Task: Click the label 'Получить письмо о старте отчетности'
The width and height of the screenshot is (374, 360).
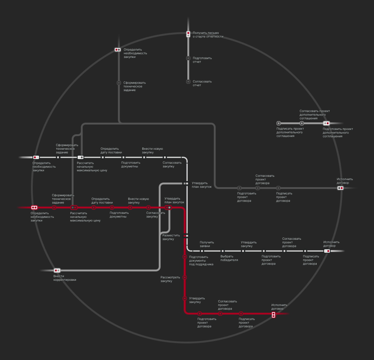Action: coord(208,35)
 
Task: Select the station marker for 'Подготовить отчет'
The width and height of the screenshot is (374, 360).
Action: coord(188,58)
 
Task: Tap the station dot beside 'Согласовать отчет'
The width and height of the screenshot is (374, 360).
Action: coord(188,82)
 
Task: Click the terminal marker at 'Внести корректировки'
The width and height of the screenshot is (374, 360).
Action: coord(57,270)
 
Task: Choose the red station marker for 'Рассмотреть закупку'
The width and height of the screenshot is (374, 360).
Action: coord(184,278)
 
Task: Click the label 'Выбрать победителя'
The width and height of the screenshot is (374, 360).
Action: coord(229,258)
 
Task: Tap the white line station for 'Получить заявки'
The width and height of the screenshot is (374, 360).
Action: coord(202,251)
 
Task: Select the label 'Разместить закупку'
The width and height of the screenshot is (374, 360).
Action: coord(171,237)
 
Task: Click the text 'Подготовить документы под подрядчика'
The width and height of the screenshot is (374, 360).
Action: coord(201,260)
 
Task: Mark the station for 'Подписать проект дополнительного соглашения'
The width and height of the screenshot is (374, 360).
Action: coord(279,123)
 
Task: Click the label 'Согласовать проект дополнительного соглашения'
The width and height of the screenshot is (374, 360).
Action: coord(315,114)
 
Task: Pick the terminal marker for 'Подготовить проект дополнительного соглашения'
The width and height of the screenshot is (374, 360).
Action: coord(326,123)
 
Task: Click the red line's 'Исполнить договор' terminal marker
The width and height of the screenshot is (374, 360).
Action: coord(273,315)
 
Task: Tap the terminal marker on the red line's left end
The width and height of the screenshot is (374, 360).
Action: coord(34,207)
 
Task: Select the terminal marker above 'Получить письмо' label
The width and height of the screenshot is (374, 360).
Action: coord(188,34)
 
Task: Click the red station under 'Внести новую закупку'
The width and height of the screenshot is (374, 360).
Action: coord(130,208)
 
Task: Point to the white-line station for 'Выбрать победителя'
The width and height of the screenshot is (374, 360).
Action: coord(223,251)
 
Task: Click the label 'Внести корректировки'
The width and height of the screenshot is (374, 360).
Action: coord(65,278)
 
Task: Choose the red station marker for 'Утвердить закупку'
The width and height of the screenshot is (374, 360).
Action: coord(184,298)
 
